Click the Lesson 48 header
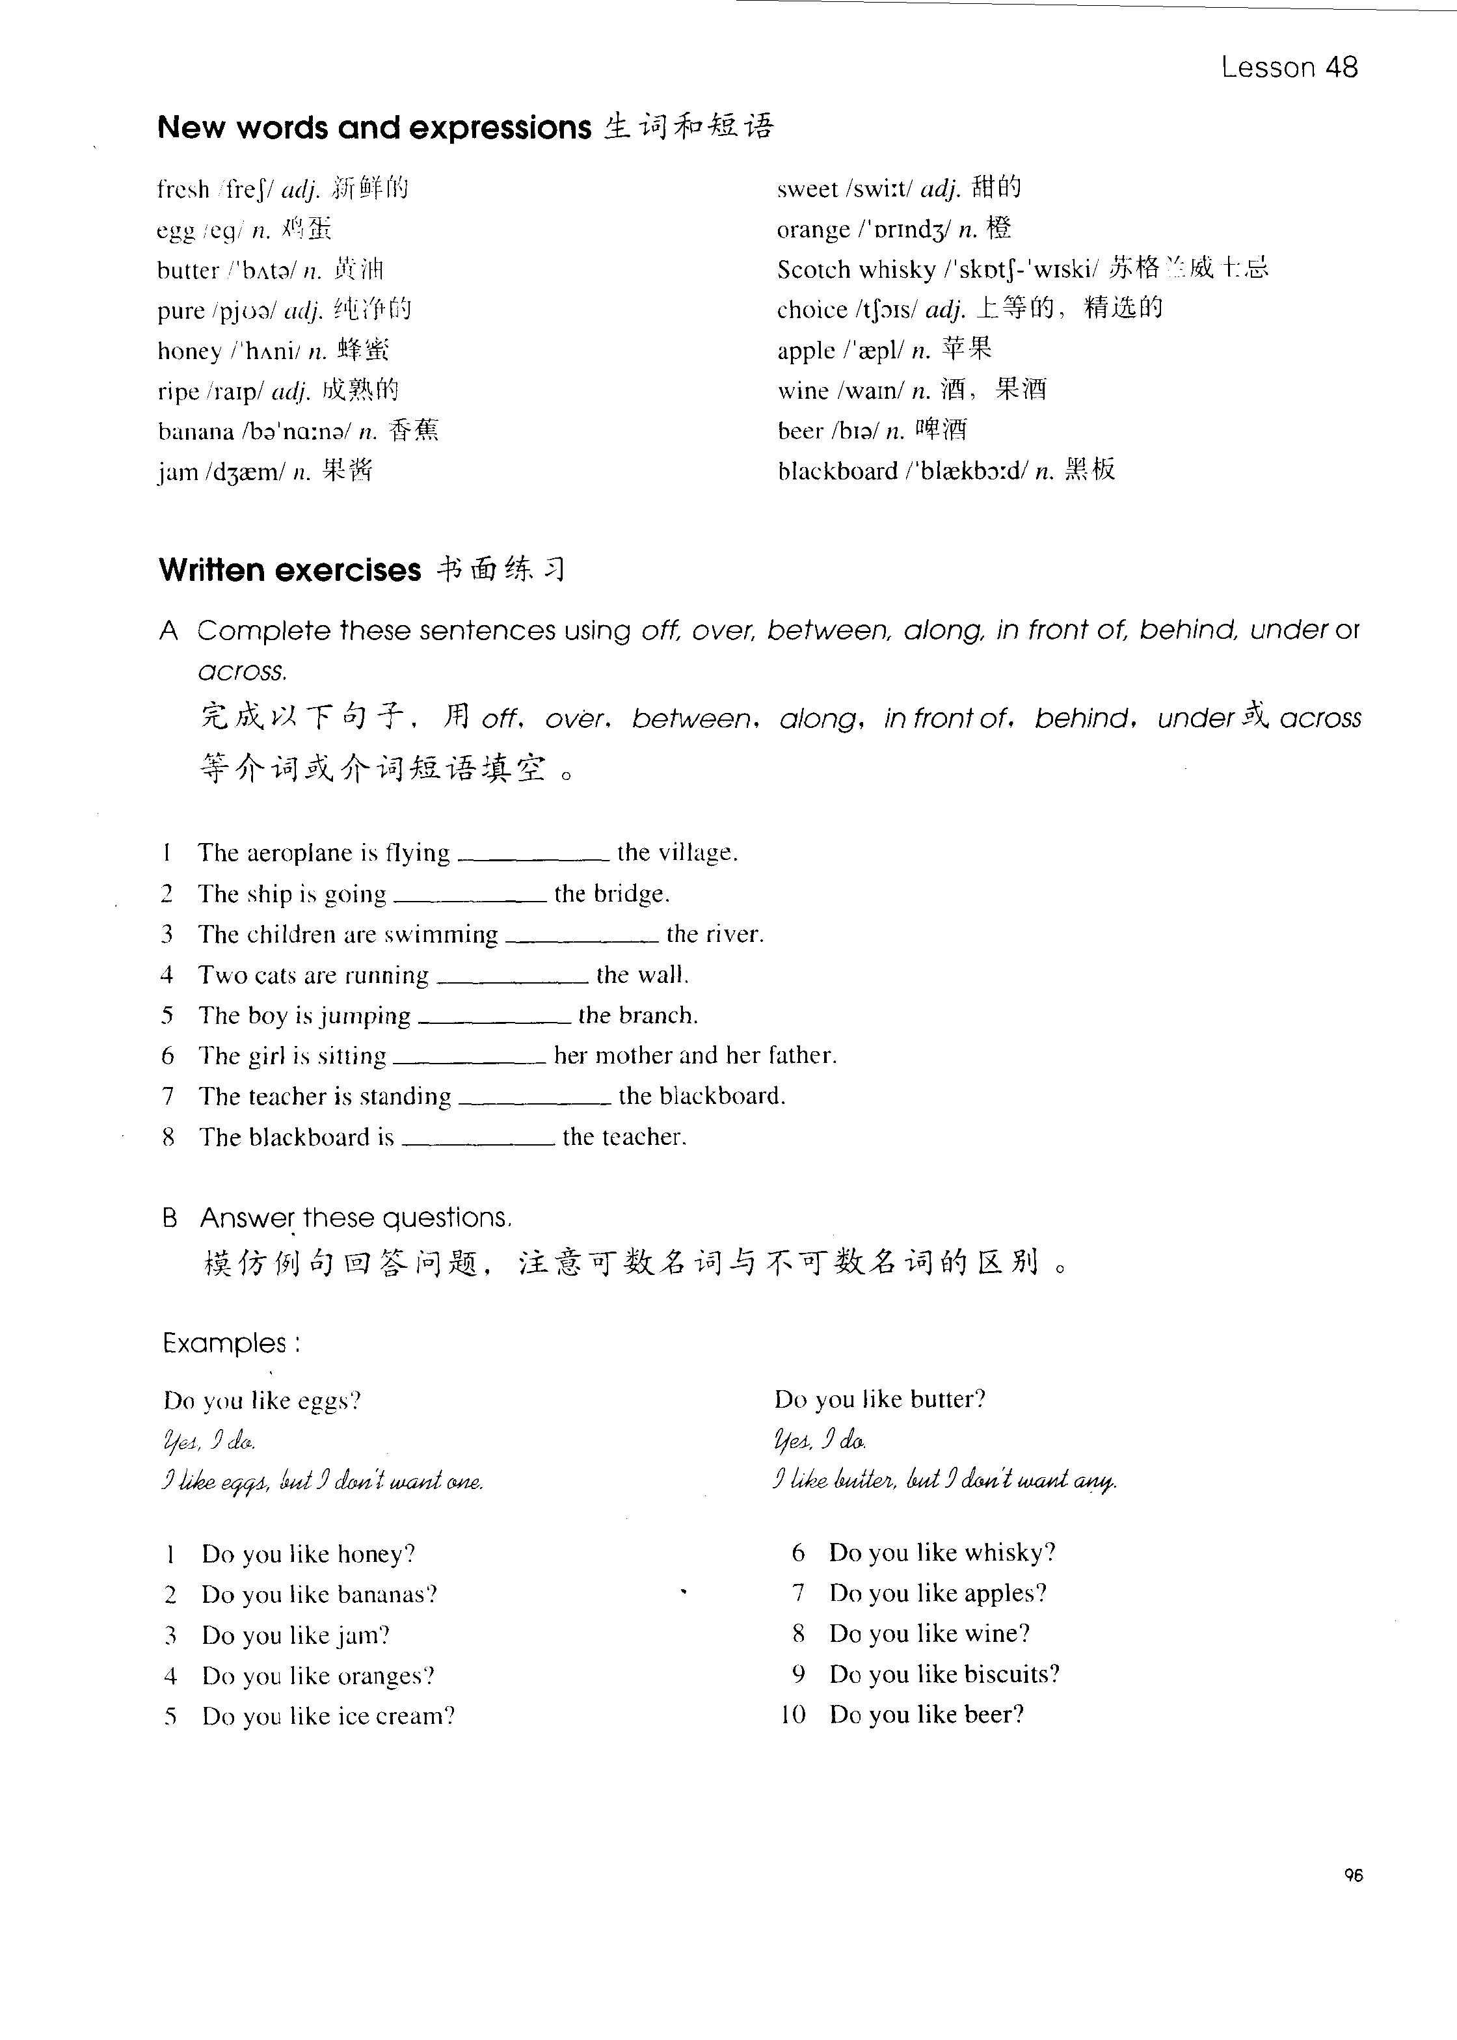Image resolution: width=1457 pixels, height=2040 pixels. click(x=1289, y=67)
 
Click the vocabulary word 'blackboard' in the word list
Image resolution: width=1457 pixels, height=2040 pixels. click(x=837, y=472)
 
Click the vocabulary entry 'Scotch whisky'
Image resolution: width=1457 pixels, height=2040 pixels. click(x=856, y=270)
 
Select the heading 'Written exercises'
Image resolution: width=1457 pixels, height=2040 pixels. click(x=289, y=570)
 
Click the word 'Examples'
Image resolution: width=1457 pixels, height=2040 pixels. click(x=225, y=1343)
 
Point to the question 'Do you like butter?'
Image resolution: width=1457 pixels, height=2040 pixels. click(x=879, y=1399)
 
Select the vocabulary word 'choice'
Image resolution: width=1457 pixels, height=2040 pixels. click(x=811, y=310)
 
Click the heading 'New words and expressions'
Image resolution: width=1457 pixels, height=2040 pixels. click(x=374, y=128)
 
